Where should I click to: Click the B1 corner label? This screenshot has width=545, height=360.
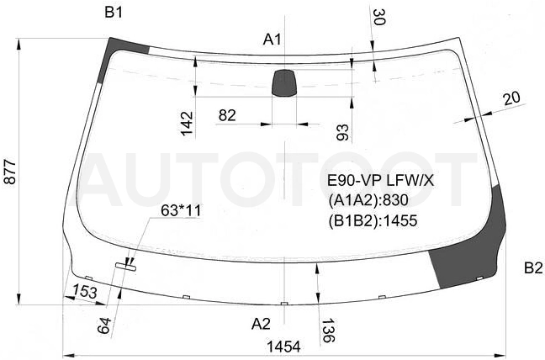click(114, 13)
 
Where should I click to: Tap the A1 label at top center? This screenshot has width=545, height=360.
click(272, 40)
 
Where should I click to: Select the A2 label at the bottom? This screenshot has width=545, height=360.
click(261, 324)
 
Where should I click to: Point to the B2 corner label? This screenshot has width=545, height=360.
click(533, 268)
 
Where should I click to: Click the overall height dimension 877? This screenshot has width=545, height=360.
click(10, 172)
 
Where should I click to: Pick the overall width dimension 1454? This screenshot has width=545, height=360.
click(283, 347)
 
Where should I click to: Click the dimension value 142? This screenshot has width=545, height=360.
click(187, 124)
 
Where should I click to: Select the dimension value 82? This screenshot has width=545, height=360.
click(227, 115)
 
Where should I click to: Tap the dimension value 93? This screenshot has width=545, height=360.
click(342, 132)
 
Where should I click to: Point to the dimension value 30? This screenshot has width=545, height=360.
click(378, 17)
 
